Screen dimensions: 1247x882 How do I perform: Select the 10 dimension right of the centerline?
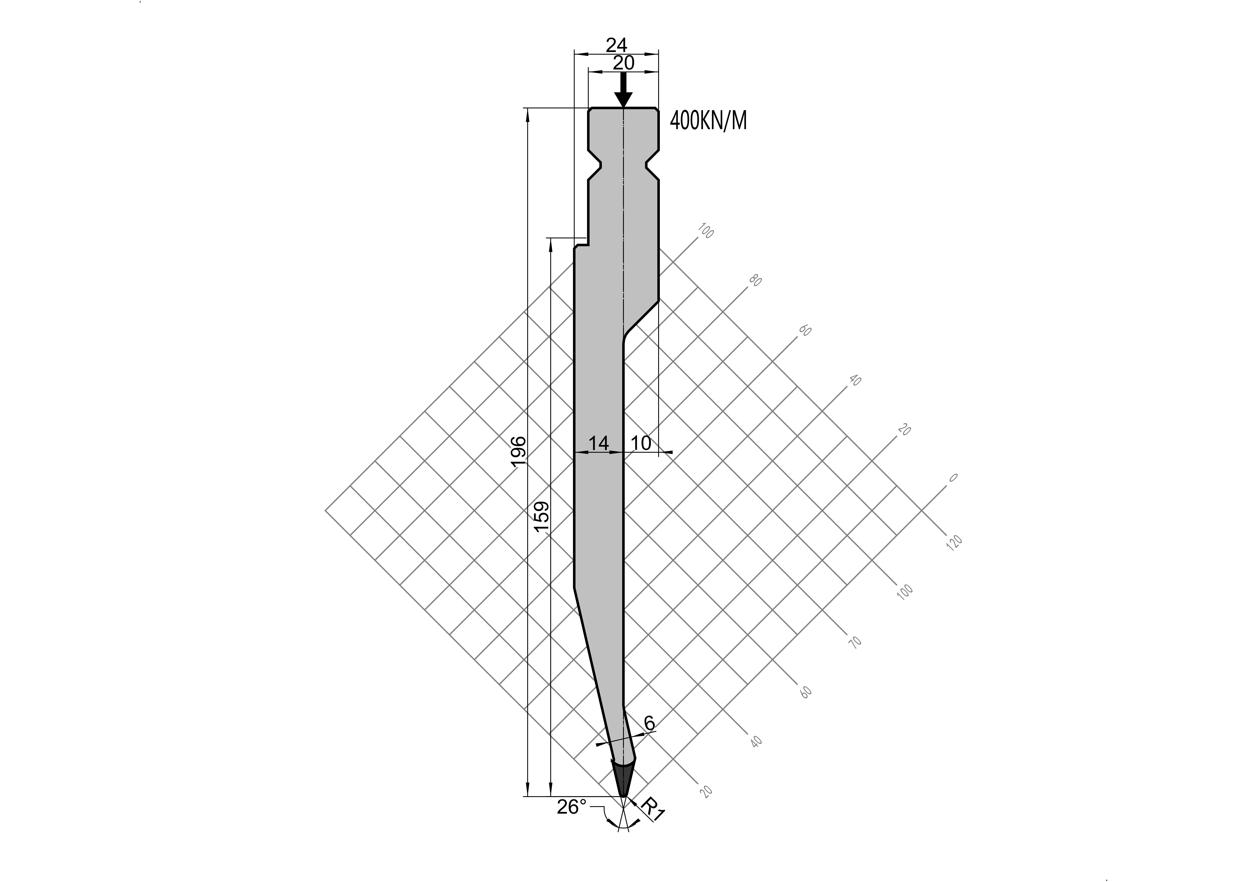point(641,443)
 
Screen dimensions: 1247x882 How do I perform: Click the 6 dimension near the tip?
point(649,723)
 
